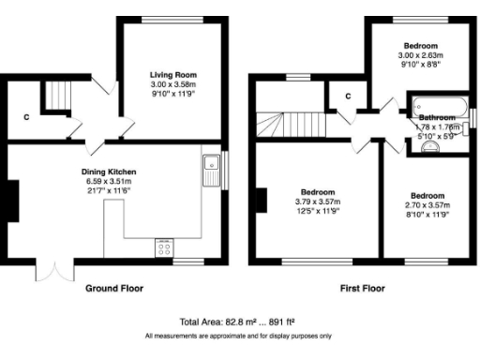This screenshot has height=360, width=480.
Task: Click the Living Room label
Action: click(x=173, y=74)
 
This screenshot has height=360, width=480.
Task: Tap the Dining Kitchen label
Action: click(x=110, y=172)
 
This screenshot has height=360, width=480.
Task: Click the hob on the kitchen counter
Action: click(x=165, y=247)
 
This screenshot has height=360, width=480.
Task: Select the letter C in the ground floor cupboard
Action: click(x=25, y=118)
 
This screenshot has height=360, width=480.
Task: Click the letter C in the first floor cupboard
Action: click(x=347, y=96)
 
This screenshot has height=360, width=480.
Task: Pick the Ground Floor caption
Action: click(x=114, y=289)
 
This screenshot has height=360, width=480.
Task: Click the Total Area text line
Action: click(x=239, y=321)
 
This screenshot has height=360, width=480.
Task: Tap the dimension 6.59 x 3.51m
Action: click(x=110, y=182)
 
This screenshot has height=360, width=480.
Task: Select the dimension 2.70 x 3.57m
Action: click(x=427, y=204)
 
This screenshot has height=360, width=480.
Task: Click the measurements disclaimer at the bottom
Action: click(x=239, y=335)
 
